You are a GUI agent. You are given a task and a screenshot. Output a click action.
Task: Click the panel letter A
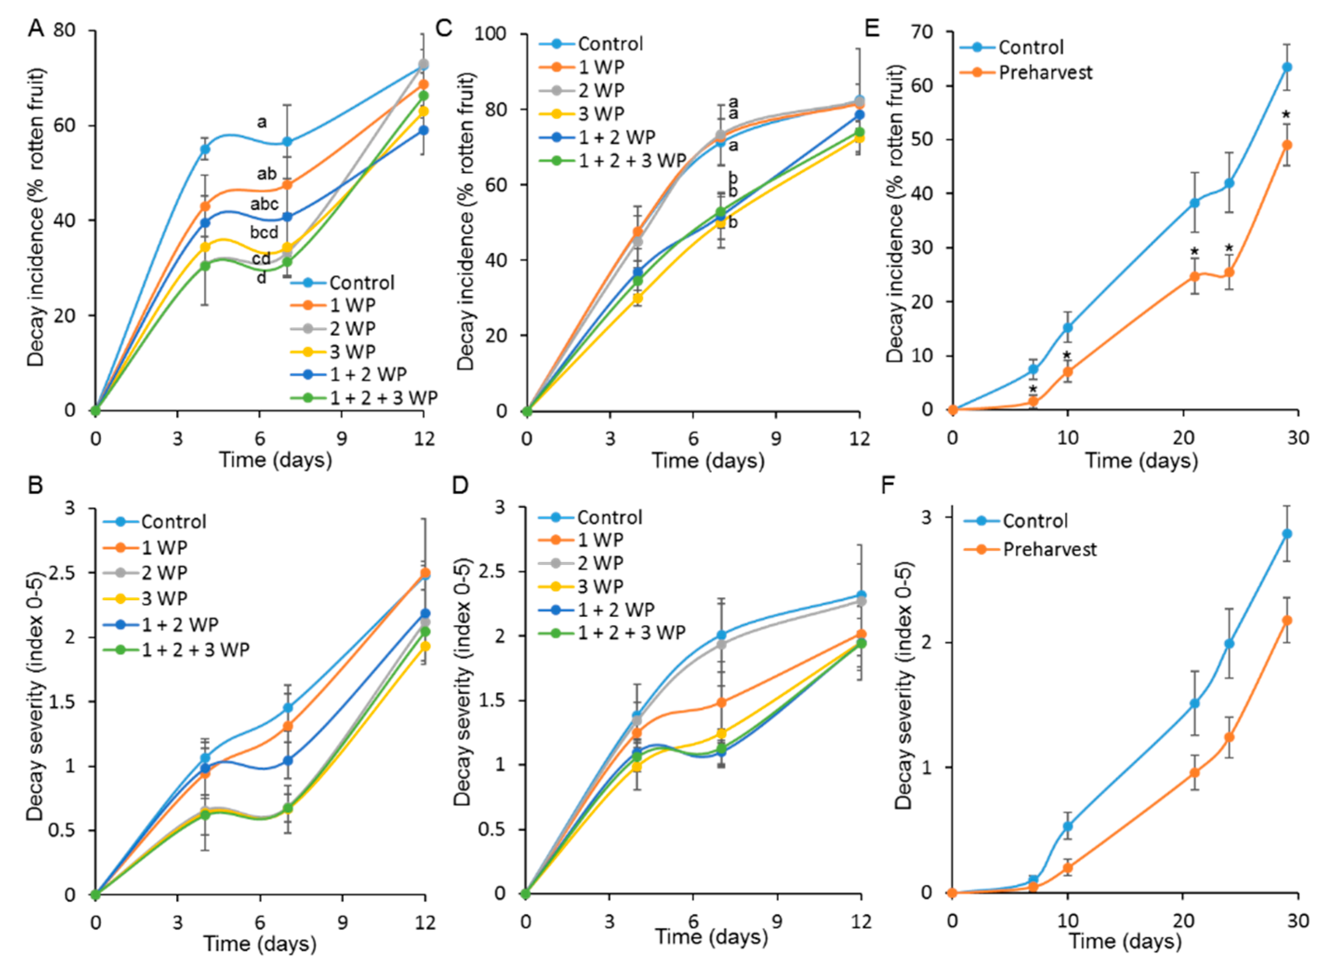coord(36,28)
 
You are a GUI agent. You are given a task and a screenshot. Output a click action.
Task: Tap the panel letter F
coord(888,485)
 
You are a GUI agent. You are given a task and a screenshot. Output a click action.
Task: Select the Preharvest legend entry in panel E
coord(1045,73)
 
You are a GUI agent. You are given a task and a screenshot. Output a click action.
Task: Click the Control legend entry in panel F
coord(1035,521)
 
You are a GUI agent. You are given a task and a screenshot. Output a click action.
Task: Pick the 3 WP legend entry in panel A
coord(352,351)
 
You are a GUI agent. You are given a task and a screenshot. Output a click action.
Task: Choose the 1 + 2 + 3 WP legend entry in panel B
coord(195,649)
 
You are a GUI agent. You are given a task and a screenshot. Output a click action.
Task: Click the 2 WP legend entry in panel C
coord(601,90)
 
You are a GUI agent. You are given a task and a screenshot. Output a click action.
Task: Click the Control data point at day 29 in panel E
coord(1286,67)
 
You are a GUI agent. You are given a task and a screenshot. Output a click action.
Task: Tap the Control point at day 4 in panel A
coord(205,149)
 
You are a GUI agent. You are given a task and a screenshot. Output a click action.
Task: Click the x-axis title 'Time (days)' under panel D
coord(711,937)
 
